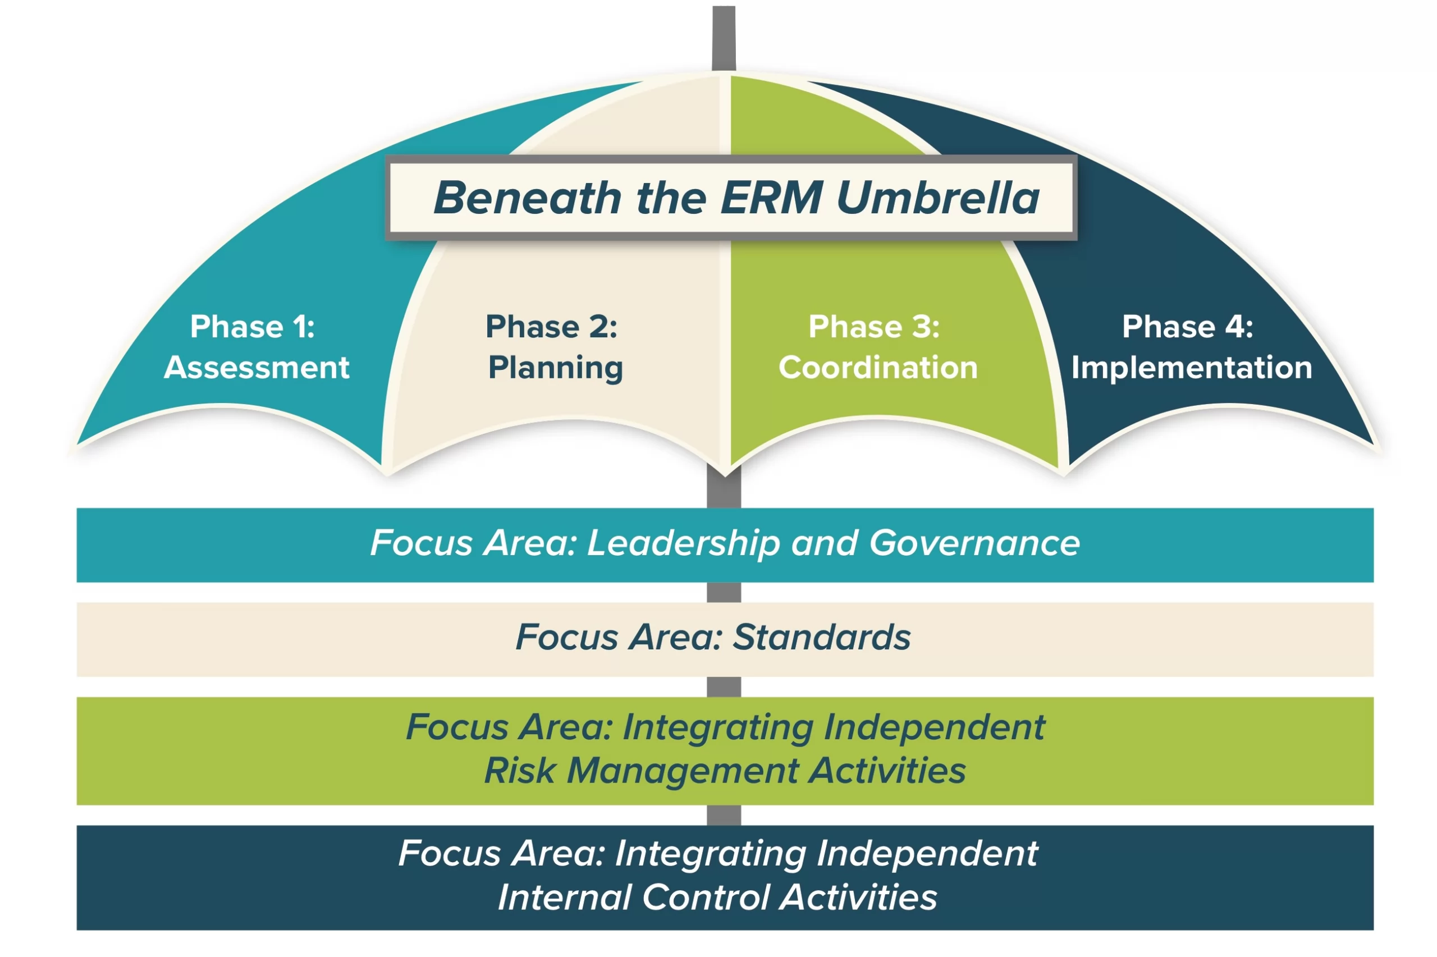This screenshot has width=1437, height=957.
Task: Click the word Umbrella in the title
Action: tap(938, 198)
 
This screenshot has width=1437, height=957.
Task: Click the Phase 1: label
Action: tap(252, 327)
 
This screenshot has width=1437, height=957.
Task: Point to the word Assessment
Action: tap(257, 368)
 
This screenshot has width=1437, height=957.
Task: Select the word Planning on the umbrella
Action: tap(555, 368)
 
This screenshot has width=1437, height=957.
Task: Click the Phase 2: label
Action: tap(551, 327)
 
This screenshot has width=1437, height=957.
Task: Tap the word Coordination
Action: tap(878, 368)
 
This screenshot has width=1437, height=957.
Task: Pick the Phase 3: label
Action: tap(874, 327)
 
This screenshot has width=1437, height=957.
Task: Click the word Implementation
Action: tap(1191, 368)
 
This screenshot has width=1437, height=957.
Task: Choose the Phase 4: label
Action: tap(1187, 327)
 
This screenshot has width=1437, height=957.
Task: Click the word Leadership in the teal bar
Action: tap(683, 543)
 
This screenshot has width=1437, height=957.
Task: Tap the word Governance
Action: tap(974, 543)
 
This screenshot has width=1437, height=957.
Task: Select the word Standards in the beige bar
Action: tap(821, 637)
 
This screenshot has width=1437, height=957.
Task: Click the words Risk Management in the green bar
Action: tap(640, 770)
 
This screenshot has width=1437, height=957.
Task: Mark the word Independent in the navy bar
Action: tap(927, 853)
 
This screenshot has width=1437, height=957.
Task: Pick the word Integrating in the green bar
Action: tap(717, 727)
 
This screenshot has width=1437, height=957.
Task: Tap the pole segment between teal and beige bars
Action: tap(724, 592)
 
